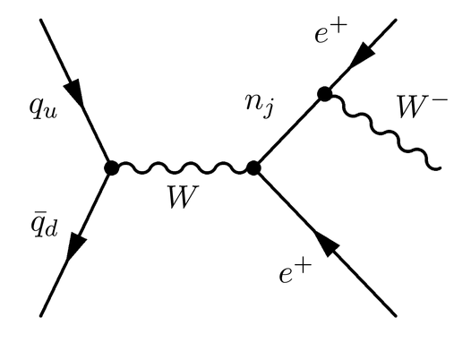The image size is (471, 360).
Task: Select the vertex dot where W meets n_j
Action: click(x=253, y=167)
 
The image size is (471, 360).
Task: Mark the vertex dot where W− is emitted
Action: click(x=324, y=94)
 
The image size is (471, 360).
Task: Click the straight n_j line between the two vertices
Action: click(x=288, y=131)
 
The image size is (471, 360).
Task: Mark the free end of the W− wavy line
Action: click(x=438, y=167)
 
